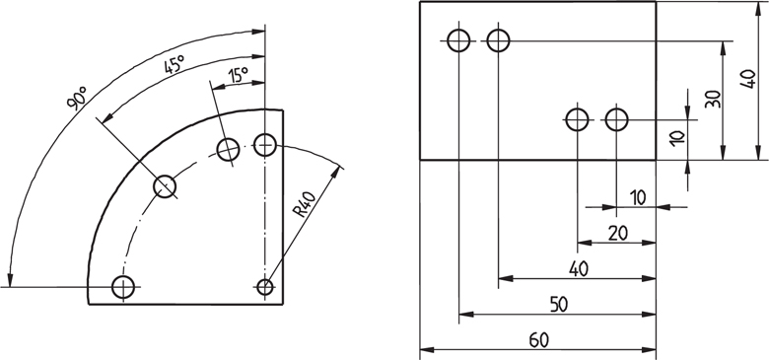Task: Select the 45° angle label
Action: (x=174, y=66)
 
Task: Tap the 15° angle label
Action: (x=238, y=75)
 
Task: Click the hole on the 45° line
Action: (x=165, y=185)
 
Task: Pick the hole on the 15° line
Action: (x=229, y=150)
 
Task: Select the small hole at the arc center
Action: (x=264, y=287)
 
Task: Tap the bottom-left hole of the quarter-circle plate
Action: (x=123, y=287)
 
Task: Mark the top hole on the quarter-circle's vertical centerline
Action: (x=264, y=145)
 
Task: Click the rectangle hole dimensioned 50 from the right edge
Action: (x=458, y=40)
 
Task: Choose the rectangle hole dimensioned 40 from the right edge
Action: (x=498, y=40)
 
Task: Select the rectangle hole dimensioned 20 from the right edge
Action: (x=577, y=119)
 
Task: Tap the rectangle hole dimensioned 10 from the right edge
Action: (x=617, y=119)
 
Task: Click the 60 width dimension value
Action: (x=538, y=340)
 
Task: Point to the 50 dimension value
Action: (x=558, y=305)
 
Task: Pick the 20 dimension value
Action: (x=617, y=233)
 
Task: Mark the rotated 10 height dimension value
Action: (x=676, y=138)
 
